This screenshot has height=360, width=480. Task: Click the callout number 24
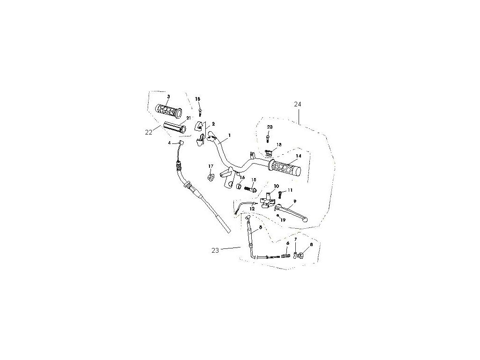click(x=298, y=104)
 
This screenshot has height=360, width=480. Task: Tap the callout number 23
click(x=215, y=250)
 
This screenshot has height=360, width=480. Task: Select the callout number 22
click(x=149, y=132)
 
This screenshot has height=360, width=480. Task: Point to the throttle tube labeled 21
click(x=175, y=127)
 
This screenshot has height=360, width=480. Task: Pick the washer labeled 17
click(x=210, y=177)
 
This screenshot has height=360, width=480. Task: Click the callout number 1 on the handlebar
click(x=230, y=135)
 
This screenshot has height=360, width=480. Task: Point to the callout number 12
click(x=252, y=208)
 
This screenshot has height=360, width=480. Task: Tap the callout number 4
click(x=170, y=142)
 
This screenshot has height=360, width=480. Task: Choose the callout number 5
click(x=260, y=226)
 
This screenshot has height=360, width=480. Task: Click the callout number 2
click(x=213, y=124)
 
